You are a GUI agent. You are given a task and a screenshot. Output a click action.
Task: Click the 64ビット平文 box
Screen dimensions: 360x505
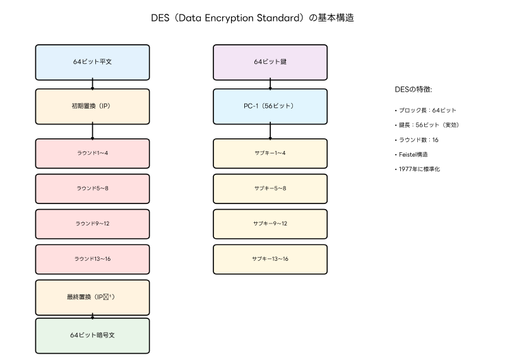92,62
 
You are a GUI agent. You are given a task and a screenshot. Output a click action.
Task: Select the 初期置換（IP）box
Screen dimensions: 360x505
92,106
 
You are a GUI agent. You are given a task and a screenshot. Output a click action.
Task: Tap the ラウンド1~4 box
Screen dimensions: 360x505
92,153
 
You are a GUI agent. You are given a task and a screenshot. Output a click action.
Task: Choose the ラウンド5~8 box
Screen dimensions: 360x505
92,188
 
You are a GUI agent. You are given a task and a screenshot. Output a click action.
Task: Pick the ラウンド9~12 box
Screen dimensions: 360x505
92,224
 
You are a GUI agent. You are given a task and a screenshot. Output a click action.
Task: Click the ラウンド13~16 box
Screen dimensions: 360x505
92,259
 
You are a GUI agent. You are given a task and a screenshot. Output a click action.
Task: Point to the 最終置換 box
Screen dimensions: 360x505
92,297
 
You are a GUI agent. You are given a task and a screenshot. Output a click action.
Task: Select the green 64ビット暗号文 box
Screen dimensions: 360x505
92,335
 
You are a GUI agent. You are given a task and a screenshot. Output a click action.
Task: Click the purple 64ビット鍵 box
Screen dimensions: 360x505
270,62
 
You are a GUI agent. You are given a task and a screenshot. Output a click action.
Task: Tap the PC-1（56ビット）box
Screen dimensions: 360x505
270,106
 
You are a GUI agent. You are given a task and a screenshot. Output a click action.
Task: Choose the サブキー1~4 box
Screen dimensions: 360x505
270,153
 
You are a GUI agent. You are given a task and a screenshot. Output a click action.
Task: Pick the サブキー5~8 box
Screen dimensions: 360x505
270,188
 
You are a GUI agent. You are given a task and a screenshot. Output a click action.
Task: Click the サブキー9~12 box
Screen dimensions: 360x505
270,224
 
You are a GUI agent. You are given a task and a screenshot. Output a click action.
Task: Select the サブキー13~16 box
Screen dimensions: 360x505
270,259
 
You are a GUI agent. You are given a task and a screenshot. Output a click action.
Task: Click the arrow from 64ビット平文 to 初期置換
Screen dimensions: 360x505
93,83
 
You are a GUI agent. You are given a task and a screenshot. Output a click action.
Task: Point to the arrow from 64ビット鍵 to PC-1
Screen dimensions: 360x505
271,83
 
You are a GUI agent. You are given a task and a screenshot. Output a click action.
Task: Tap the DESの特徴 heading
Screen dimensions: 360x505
413,90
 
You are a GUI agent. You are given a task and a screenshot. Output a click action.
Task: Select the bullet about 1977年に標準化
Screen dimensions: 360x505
417,169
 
